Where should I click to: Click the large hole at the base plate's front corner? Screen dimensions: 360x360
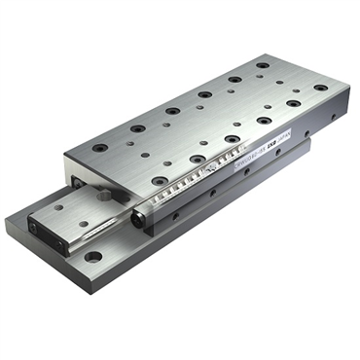point(92,257)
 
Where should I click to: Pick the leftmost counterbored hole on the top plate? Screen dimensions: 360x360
point(100,148)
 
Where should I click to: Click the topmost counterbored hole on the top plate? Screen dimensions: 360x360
point(264,65)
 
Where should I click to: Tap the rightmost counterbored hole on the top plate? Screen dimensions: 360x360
point(321,88)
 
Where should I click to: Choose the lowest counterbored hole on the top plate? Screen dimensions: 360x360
point(160,180)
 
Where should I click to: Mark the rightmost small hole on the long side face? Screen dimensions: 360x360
point(335,116)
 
